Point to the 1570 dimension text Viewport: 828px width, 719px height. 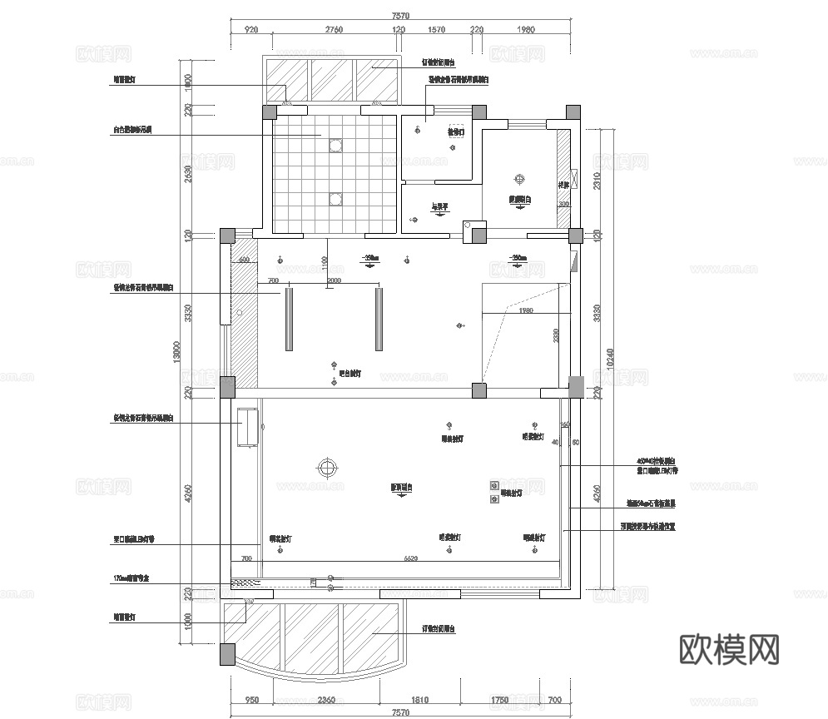coord(436,30)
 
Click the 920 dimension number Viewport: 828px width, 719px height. coord(251,30)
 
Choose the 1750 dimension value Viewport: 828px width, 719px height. coord(499,701)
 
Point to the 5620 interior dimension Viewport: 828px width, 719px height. coord(410,558)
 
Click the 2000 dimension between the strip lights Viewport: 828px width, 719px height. coord(334,280)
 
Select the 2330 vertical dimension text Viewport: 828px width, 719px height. coord(557,336)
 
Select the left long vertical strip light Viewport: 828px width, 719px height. coord(289,318)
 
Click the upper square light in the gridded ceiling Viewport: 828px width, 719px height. coord(335,146)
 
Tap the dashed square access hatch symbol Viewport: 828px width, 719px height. coord(455,131)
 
